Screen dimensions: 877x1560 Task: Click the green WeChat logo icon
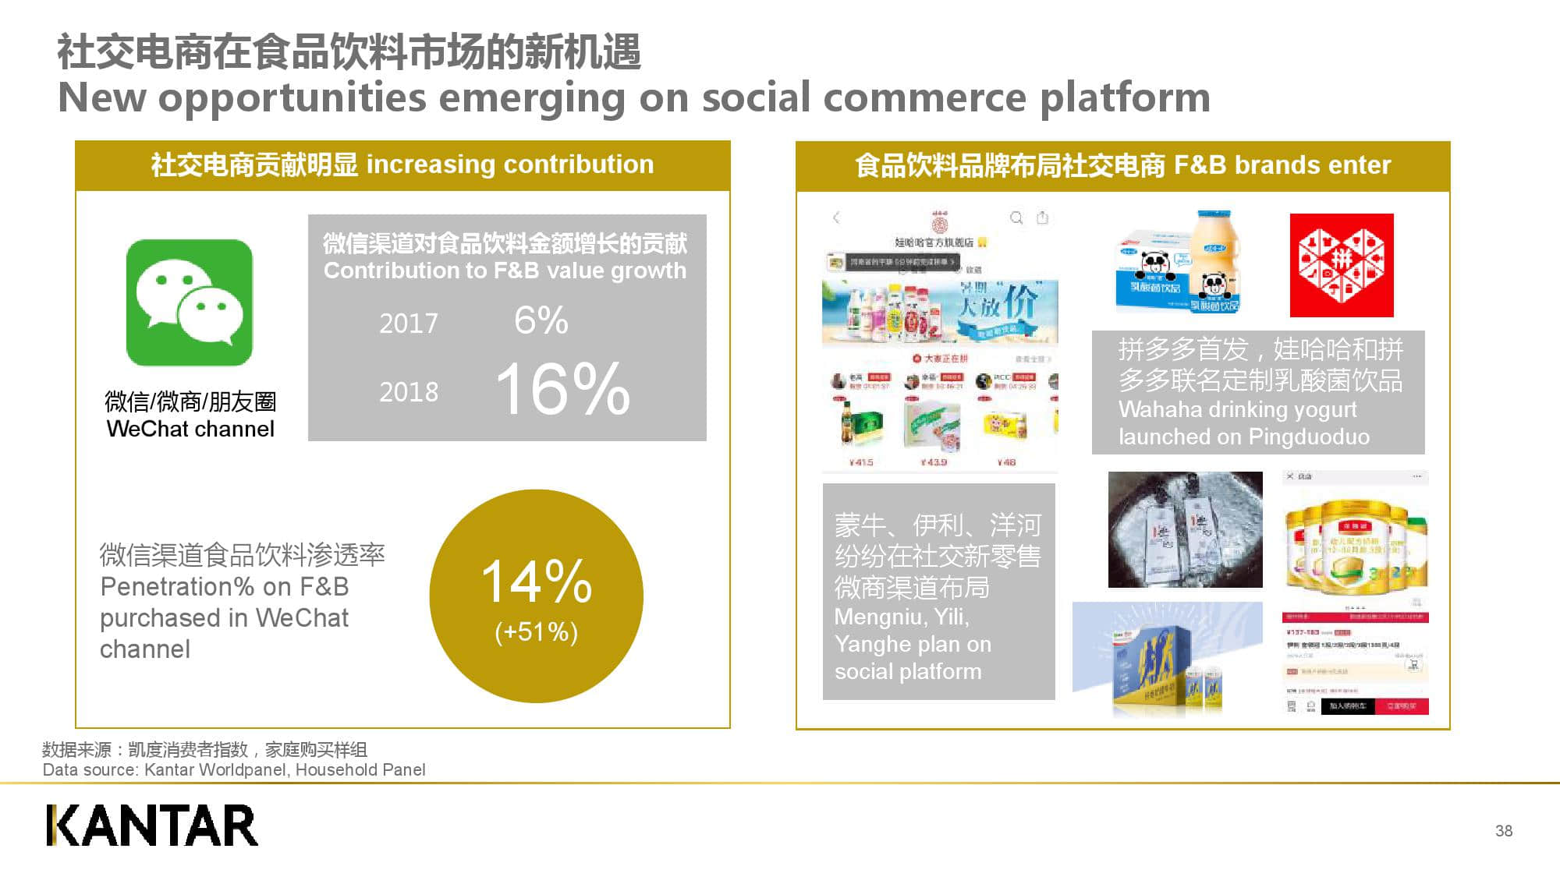point(190,302)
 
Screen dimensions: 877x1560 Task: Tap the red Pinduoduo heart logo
point(1341,265)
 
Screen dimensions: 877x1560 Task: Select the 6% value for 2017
point(541,320)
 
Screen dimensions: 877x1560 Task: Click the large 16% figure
point(562,388)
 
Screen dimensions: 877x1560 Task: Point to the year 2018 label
point(409,391)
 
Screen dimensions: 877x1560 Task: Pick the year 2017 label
point(409,323)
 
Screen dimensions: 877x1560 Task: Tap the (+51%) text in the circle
point(537,631)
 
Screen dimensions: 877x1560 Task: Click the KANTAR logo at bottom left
point(152,826)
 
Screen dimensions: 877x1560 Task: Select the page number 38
point(1504,831)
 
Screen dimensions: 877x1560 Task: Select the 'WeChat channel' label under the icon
point(190,429)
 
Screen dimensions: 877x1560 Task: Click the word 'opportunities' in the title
point(292,98)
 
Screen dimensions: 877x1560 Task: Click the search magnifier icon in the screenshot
point(1016,217)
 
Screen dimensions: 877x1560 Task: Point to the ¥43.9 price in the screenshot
point(934,462)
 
